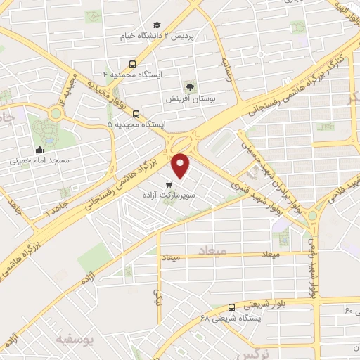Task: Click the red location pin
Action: click(182, 164)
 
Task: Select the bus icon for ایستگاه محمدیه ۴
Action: click(134, 63)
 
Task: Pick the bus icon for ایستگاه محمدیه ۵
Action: click(136, 114)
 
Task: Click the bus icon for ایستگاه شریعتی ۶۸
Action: click(232, 307)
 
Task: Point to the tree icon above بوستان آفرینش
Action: click(189, 86)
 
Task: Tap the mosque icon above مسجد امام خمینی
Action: click(39, 149)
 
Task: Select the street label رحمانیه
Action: click(226, 69)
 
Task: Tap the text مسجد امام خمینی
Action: click(39, 160)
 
